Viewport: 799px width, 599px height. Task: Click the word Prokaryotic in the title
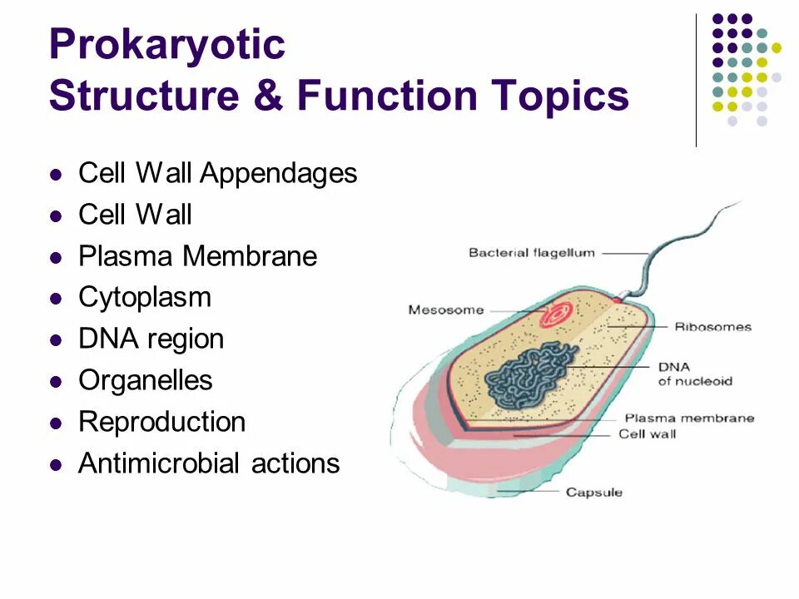click(166, 46)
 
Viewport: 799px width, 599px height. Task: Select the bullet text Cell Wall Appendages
click(217, 174)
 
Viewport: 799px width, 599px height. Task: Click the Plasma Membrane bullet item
click(197, 256)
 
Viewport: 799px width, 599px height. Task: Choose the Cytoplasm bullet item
click(145, 298)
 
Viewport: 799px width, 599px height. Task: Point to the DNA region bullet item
click(151, 339)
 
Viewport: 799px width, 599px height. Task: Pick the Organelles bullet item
click(146, 381)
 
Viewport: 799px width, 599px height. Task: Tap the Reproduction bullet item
click(161, 422)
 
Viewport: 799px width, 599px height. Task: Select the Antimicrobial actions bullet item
click(209, 463)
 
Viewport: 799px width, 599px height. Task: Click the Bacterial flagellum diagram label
click(532, 253)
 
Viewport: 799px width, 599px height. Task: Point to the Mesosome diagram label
click(445, 310)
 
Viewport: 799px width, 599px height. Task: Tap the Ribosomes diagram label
click(713, 327)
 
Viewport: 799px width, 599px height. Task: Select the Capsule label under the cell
click(593, 493)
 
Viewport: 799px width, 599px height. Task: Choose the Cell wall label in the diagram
click(647, 433)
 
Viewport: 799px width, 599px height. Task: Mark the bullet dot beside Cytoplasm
click(57, 299)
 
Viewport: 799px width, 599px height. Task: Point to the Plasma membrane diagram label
click(689, 418)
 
